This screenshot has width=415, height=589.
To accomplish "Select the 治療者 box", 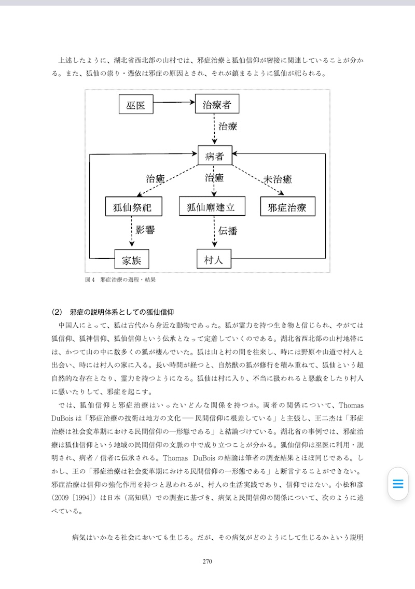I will [x=217, y=105].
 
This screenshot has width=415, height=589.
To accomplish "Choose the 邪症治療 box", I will [x=287, y=207].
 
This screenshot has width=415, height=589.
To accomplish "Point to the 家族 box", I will [x=132, y=260].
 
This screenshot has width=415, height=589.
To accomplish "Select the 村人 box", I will [x=214, y=260].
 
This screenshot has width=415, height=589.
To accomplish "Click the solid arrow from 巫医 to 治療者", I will [x=174, y=103].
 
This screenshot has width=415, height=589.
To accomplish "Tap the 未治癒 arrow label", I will [x=278, y=179].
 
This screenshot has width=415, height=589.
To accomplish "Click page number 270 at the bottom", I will [x=208, y=560].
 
